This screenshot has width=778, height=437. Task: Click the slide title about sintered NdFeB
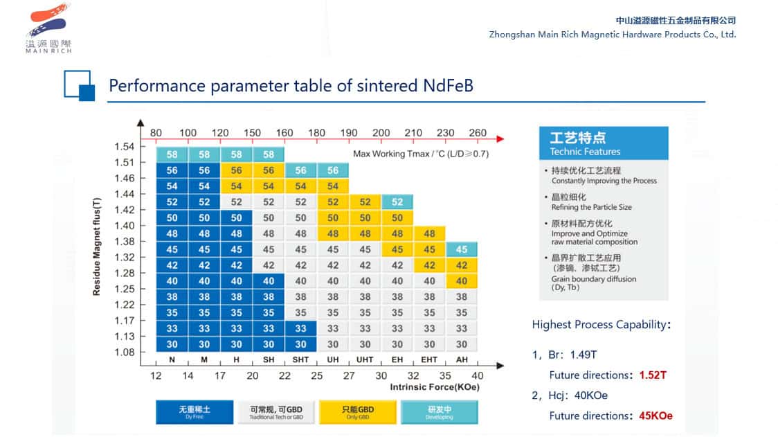[291, 86]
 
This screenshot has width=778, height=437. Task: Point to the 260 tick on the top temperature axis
[478, 133]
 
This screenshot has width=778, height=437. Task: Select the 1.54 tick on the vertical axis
[125, 146]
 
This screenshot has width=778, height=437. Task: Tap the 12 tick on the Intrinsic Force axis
[156, 375]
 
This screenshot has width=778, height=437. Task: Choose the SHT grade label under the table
[300, 360]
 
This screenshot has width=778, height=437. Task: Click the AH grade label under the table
[462, 360]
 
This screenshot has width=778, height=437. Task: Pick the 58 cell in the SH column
[269, 154]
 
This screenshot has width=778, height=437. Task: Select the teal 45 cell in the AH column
[462, 249]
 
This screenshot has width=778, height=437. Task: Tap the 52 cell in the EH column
[397, 202]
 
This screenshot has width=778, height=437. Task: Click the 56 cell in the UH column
[333, 170]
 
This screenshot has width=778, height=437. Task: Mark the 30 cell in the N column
[172, 344]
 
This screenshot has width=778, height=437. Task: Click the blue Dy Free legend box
[194, 412]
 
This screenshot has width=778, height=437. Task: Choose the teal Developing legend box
[439, 412]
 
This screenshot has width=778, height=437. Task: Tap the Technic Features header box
[604, 143]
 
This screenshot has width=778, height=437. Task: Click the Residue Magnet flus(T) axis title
[97, 246]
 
